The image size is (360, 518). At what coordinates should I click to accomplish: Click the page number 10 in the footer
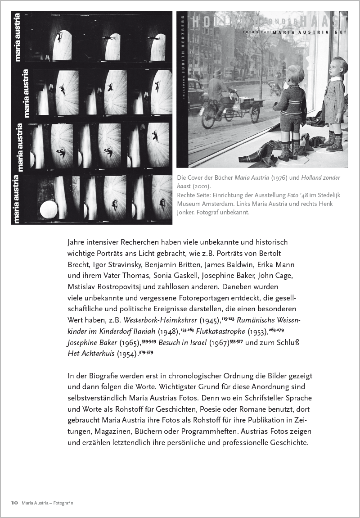14,503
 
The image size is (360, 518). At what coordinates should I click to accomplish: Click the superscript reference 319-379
146,352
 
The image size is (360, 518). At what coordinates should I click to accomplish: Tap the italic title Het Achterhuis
90,354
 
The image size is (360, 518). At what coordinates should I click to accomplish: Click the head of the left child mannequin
296,73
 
